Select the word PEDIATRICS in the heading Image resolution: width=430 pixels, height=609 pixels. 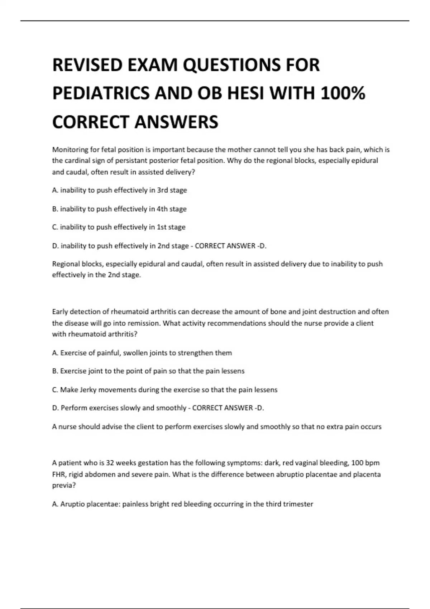pos(100,93)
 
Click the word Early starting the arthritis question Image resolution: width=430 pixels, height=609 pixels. pos(61,312)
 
